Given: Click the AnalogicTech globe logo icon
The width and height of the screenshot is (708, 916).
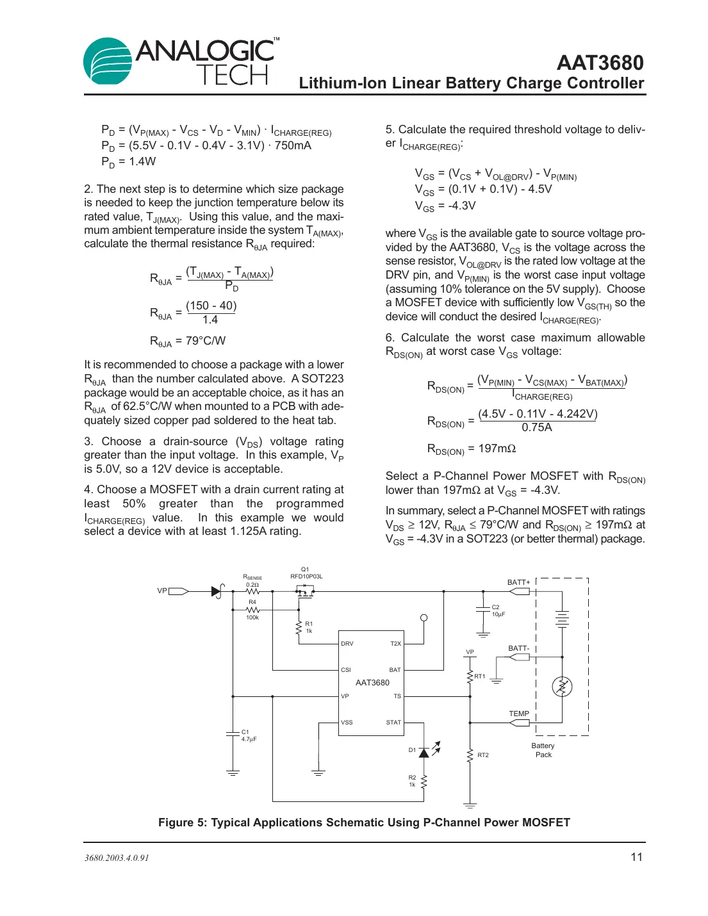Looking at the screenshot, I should point(108,61).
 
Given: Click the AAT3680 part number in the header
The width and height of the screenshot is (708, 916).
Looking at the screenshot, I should point(600,63).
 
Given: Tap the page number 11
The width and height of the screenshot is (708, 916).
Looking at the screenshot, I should point(636,857).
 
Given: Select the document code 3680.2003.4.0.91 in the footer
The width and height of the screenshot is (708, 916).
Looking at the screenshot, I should point(117,858).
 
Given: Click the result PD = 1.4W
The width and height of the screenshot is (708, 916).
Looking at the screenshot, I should point(128,162).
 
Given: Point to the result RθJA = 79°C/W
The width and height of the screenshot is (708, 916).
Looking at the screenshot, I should point(188,341).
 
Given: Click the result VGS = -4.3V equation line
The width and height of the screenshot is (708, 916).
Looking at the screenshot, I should point(445,206).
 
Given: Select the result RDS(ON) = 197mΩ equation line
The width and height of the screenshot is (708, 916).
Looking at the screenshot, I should point(472,449).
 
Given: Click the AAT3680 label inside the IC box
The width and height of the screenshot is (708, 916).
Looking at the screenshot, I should point(372,683).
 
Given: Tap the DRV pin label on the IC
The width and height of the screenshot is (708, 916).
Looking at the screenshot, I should point(347,644).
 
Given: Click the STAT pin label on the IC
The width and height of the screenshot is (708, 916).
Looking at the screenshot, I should point(393,723).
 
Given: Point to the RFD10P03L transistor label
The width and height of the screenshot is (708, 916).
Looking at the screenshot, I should point(306,577).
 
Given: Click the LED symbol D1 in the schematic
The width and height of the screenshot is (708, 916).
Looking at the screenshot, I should point(424,752).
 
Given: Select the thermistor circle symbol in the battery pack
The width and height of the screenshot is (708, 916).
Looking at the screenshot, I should point(562,687).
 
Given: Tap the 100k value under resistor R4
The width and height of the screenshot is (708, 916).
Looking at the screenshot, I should point(252,617).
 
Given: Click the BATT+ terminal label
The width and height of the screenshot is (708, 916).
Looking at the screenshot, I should point(518,582).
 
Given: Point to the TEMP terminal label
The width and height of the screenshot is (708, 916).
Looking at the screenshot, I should point(519,714).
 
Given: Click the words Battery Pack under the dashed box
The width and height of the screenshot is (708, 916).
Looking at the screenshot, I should point(543,750).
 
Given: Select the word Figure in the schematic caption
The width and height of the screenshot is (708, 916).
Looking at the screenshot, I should point(176,822).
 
